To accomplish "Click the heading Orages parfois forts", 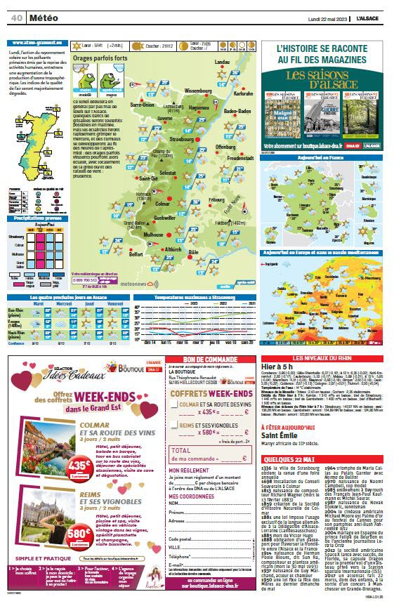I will tap(100, 58).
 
